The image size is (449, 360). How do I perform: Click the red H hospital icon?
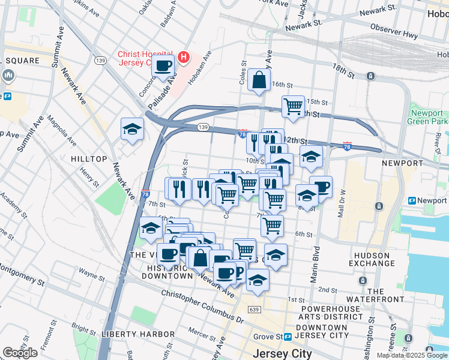pos(184,58)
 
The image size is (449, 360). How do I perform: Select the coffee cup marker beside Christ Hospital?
pos(163,66)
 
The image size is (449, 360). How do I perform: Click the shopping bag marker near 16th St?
pos(258,79)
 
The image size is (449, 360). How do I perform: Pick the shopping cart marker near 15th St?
pos(293,106)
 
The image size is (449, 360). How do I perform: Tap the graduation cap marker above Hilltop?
pos(132,128)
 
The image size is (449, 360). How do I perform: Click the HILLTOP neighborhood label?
pos(89,159)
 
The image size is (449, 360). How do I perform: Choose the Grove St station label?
pos(269,337)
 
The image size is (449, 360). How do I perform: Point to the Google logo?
pos(20,352)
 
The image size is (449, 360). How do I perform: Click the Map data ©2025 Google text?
pos(412,355)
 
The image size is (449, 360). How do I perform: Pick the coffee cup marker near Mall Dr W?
pos(321,187)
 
